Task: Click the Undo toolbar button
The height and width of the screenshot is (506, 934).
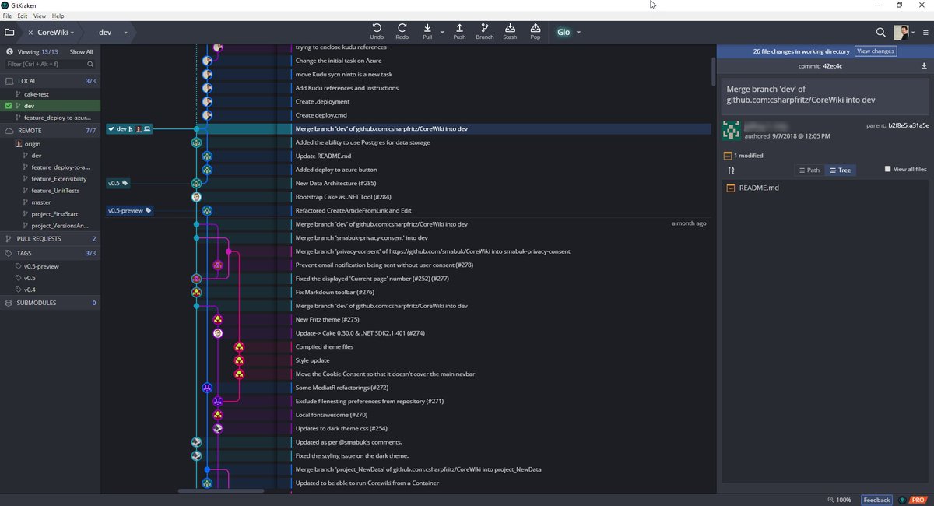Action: pos(377,31)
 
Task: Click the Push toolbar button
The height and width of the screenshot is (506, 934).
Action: pos(459,31)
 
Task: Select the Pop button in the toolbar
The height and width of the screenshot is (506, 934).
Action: pos(535,31)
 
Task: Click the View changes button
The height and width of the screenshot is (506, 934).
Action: pos(876,51)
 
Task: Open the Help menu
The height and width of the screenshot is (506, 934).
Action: pos(58,16)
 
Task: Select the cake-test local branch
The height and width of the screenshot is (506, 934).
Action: pos(36,94)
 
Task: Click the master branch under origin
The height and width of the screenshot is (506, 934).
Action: pos(40,202)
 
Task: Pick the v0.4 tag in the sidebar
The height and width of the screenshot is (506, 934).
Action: pos(30,290)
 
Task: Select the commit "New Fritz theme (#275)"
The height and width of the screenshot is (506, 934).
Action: pos(327,319)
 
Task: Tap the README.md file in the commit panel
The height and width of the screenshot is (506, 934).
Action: pos(758,188)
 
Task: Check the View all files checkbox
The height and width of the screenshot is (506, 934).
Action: pos(888,170)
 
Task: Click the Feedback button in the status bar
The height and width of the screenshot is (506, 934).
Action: pos(876,500)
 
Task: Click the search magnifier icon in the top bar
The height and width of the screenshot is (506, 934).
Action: pos(880,33)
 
